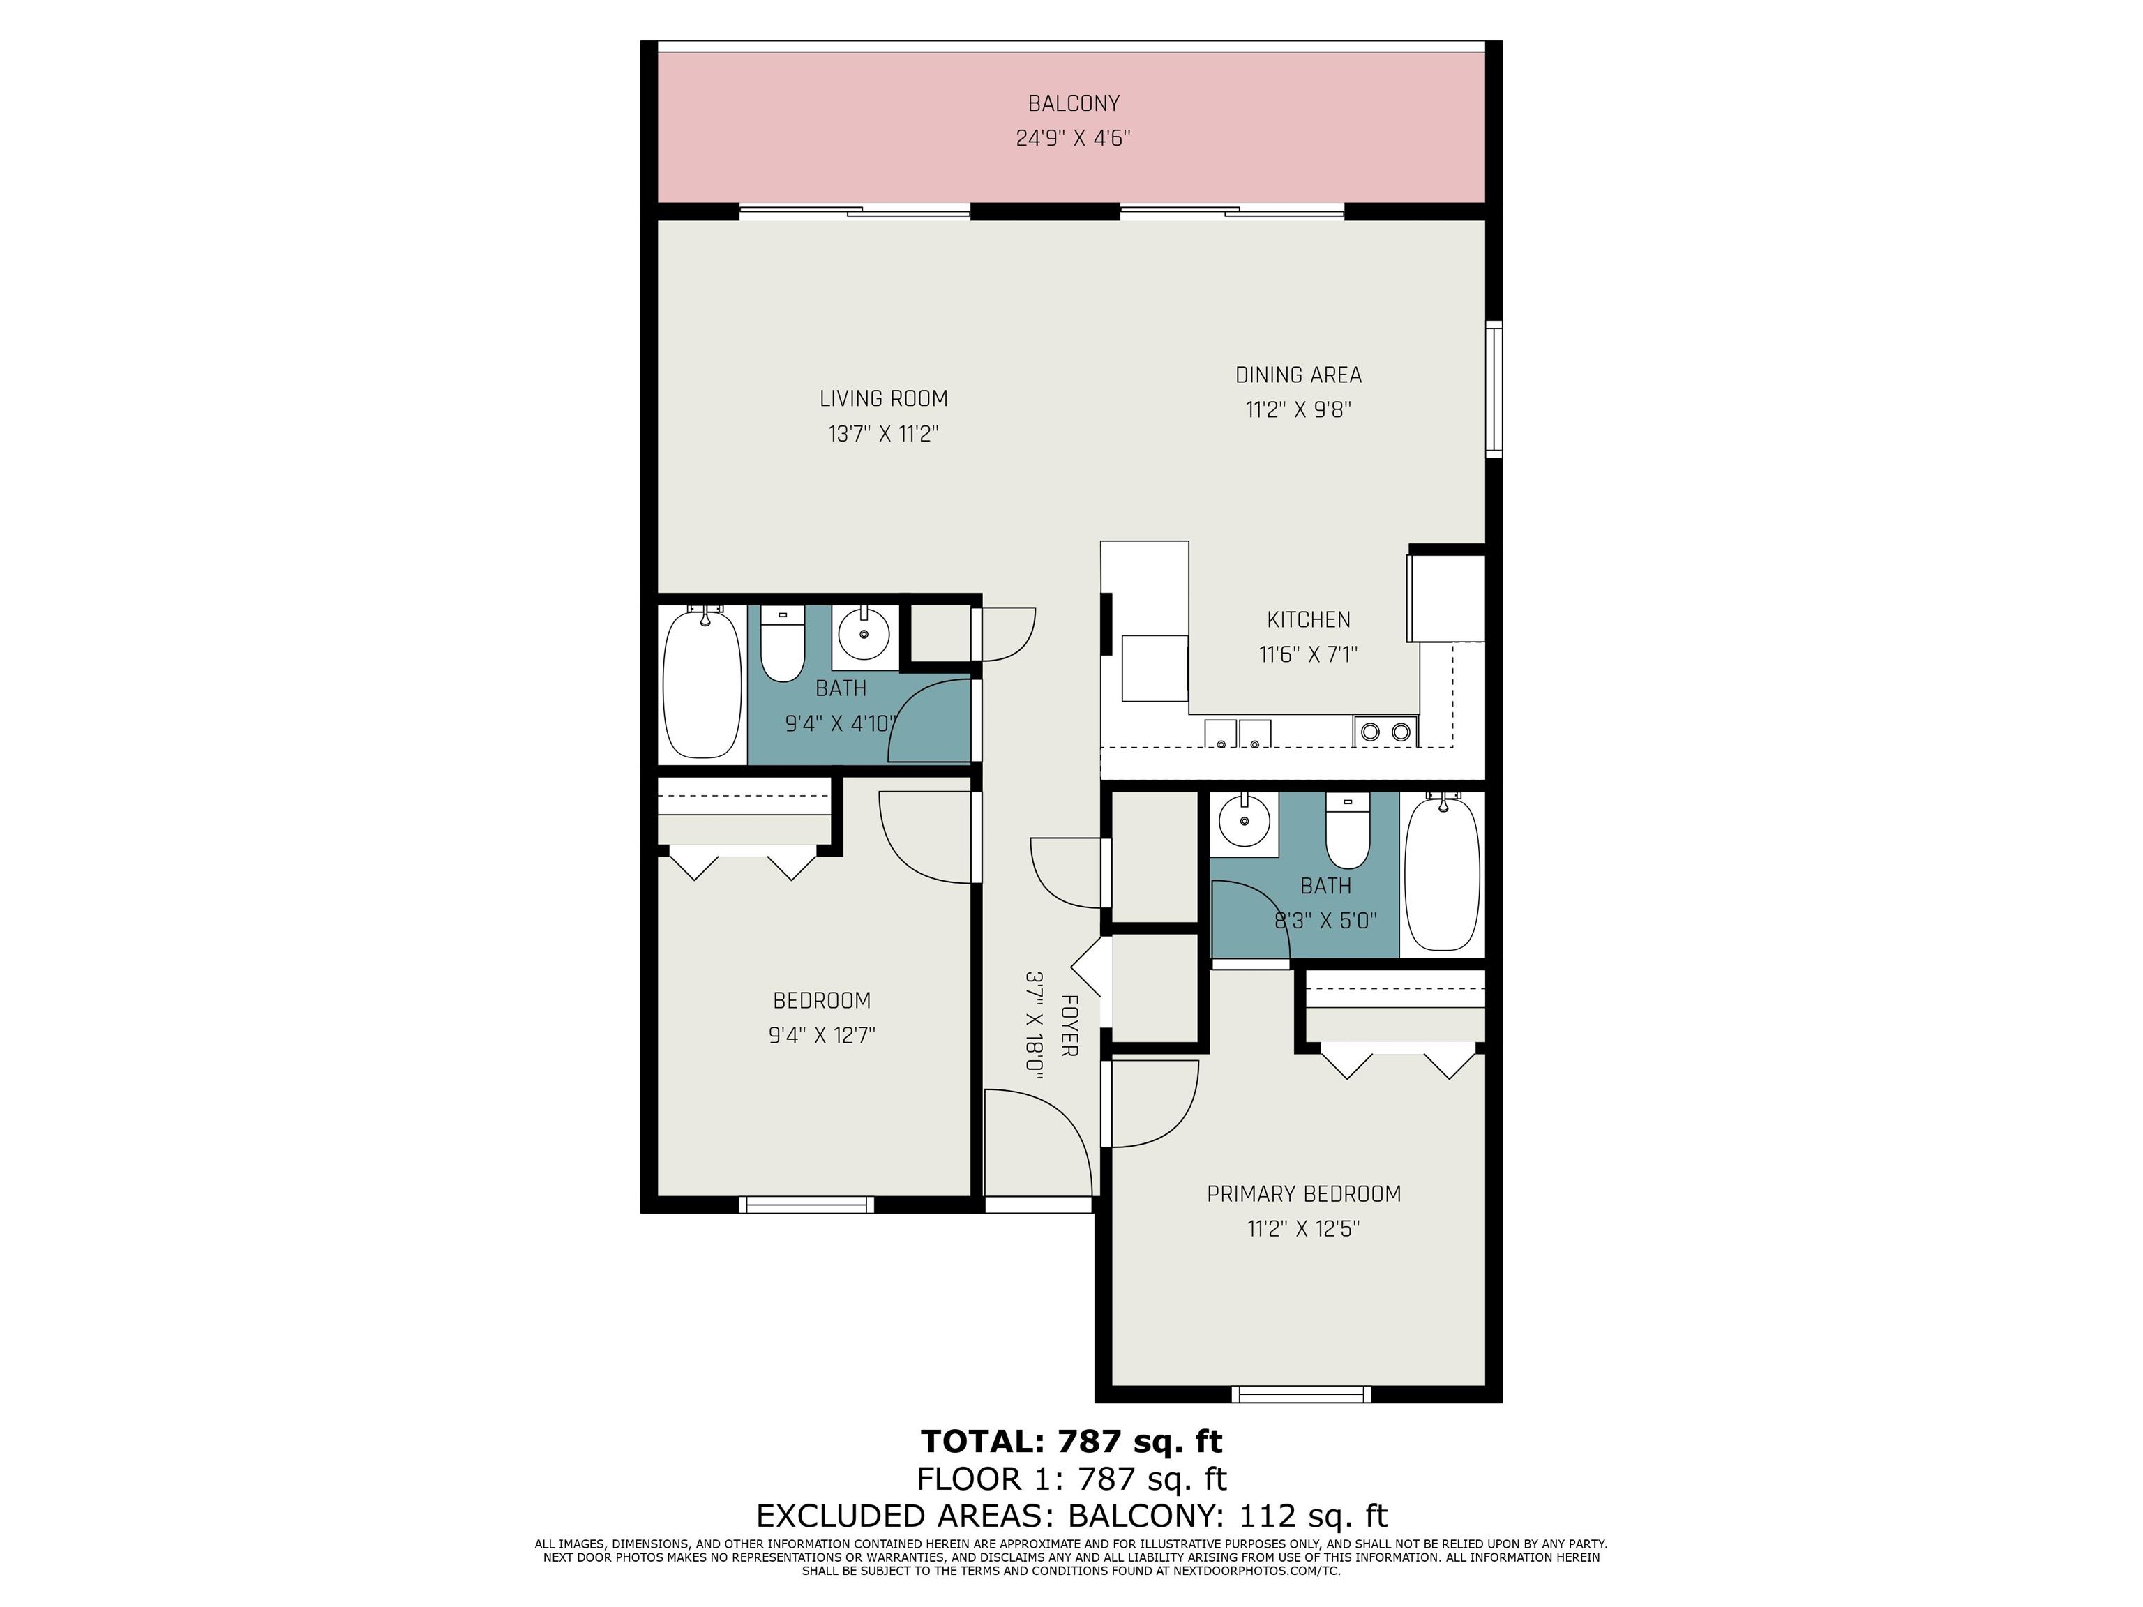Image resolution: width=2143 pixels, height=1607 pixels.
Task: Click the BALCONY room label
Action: click(x=1074, y=103)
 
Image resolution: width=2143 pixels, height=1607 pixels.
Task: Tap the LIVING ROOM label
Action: click(x=884, y=398)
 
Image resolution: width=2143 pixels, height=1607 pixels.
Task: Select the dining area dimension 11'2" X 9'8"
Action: click(x=1298, y=409)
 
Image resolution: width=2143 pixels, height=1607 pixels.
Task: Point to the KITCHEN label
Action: click(x=1308, y=619)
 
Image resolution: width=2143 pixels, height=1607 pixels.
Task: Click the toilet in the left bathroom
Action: click(x=782, y=643)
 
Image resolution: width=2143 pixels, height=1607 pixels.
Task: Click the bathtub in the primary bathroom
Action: click(x=1443, y=872)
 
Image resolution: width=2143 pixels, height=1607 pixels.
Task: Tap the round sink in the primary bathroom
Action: click(x=1244, y=823)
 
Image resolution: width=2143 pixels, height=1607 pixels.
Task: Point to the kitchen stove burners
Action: click(x=1385, y=732)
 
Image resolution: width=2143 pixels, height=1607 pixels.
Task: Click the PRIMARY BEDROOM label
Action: click(x=1303, y=1193)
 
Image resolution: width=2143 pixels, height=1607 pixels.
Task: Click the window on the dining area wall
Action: click(x=1495, y=389)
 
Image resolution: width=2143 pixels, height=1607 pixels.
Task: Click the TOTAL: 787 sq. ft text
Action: click(x=1071, y=1442)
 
